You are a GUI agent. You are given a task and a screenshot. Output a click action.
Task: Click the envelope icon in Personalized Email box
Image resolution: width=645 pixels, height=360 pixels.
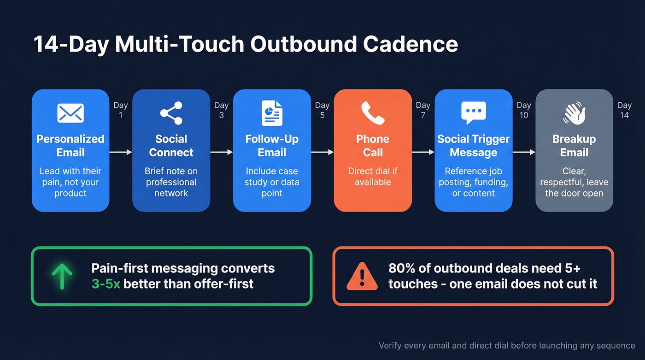coord(70,113)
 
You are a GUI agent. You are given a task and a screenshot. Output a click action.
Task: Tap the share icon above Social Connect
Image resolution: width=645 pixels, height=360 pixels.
coord(171,113)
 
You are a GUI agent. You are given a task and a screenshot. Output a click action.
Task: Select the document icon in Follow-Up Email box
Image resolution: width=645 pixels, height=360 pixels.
coord(272,113)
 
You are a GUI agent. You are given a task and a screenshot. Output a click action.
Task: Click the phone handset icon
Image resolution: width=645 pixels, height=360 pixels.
coord(372,113)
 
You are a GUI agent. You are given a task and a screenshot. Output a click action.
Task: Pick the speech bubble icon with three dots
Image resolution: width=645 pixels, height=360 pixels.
coord(473,113)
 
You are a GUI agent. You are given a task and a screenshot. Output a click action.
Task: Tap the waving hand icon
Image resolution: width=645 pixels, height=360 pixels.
coord(574,113)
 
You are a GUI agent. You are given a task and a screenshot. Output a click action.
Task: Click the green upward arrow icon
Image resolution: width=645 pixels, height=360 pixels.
coord(62,276)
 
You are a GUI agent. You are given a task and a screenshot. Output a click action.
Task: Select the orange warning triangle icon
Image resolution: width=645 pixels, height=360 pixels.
coord(362,276)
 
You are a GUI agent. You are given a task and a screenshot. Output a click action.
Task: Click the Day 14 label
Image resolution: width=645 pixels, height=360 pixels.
coord(624,110)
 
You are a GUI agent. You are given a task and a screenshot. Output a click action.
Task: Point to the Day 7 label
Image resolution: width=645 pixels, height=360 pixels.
coord(423,110)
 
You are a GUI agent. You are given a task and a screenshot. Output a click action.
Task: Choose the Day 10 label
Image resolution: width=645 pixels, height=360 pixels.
coord(524,110)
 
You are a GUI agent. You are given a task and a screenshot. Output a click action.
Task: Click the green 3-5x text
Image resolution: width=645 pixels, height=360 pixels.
coord(106,283)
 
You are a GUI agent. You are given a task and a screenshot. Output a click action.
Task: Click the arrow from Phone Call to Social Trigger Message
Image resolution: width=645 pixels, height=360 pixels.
coord(423,152)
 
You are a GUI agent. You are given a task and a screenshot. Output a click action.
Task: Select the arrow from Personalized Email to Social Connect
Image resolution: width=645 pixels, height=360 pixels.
coord(120,152)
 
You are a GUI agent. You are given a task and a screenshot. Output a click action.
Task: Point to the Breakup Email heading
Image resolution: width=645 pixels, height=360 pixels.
coord(574,146)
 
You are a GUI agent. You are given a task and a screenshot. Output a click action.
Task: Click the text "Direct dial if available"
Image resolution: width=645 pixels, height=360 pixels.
coord(372,177)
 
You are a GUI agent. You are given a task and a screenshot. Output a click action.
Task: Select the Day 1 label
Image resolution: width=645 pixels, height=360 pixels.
coord(121,110)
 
